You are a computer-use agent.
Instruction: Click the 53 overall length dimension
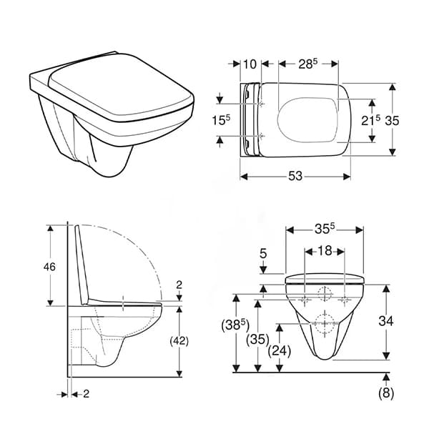pos(295,176)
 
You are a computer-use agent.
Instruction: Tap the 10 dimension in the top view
pos(250,64)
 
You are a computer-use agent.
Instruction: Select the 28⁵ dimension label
pos(307,64)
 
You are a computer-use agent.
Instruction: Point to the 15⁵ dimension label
pos(221,120)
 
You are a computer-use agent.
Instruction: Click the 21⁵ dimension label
pos(370,120)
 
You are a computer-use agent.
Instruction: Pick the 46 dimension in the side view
pos(49,267)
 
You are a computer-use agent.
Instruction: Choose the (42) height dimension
pos(179,341)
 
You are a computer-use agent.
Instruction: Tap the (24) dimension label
pos(280,350)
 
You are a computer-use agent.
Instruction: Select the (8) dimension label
pos(386,393)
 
